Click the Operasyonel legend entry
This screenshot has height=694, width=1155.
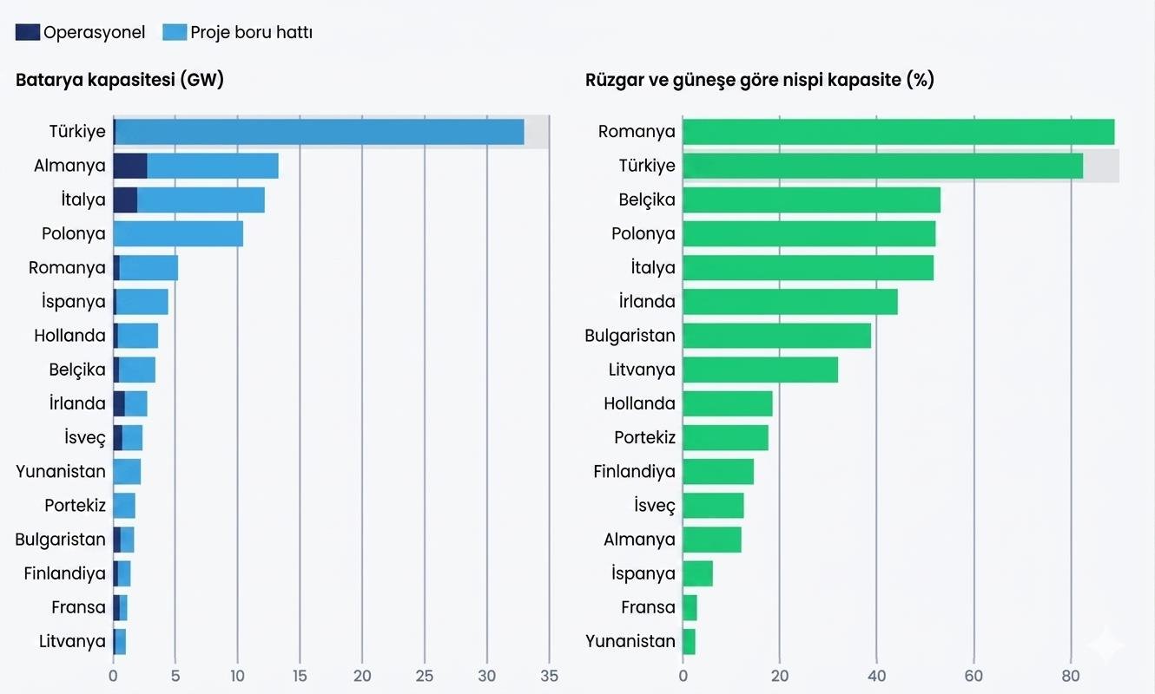(81, 33)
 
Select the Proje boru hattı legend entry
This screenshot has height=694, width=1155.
(238, 33)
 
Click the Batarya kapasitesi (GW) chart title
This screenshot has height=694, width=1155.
(120, 81)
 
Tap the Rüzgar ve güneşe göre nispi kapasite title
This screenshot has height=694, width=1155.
(760, 81)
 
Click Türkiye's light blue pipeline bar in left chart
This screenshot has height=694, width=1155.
(319, 132)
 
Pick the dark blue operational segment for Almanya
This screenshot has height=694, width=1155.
(130, 166)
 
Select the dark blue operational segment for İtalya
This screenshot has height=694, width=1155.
(125, 200)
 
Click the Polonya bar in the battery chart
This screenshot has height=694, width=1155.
(178, 233)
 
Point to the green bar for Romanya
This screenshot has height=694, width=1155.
(898, 132)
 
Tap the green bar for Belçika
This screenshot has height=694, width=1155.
(811, 200)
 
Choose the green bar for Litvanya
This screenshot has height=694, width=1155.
(760, 370)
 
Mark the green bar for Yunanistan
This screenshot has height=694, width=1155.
(689, 641)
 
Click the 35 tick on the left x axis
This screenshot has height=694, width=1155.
(549, 676)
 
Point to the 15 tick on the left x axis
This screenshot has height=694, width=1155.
(300, 676)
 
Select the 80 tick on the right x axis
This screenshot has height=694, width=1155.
(1071, 676)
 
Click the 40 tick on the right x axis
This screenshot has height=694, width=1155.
(877, 676)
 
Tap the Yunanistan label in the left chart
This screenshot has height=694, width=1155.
(61, 472)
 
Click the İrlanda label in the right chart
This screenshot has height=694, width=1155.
(647, 302)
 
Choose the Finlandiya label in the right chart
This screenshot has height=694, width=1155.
(634, 472)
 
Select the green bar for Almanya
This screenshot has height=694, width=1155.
(712, 540)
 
